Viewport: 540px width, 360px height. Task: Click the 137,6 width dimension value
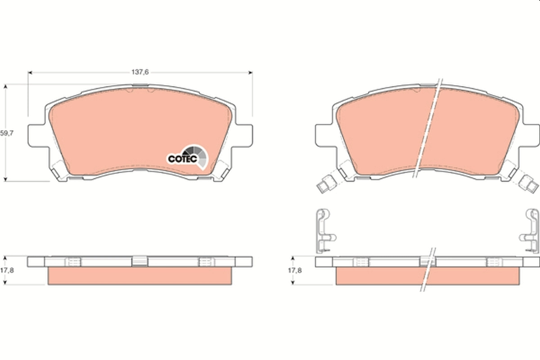[x=140, y=72]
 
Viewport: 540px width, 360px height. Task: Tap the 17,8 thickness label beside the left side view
[x=6, y=270]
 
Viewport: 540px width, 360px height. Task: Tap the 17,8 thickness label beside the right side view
[x=294, y=270]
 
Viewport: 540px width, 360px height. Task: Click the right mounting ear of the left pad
[x=243, y=135]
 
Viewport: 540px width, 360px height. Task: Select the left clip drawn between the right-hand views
[x=323, y=229]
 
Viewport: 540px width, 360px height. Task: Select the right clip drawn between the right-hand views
[x=531, y=229]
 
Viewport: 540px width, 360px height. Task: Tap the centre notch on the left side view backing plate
[x=139, y=261]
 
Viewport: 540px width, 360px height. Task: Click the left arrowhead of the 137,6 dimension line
[x=30, y=72]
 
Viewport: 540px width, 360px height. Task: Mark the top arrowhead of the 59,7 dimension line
[x=5, y=86]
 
